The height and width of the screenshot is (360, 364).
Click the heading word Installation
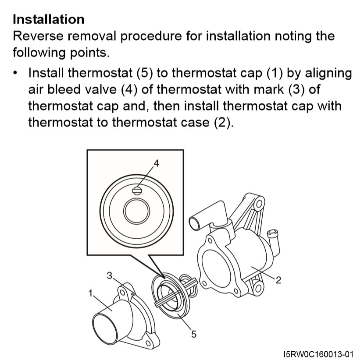49,19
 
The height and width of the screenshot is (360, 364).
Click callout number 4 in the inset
156,163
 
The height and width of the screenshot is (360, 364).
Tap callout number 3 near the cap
109,275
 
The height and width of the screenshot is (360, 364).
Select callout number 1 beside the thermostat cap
90,293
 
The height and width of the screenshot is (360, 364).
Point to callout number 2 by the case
278,280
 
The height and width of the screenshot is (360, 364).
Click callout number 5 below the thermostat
193,334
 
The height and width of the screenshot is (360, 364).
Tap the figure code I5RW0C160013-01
318,354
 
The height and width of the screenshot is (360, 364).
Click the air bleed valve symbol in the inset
137,191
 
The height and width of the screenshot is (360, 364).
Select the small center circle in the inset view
136,211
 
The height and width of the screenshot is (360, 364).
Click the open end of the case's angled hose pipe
194,223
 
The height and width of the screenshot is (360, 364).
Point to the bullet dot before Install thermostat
15,73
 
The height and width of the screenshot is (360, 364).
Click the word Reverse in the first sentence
38,36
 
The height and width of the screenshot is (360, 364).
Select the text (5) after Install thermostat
145,73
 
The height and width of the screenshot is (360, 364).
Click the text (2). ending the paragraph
224,122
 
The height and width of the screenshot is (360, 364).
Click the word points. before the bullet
90,53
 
